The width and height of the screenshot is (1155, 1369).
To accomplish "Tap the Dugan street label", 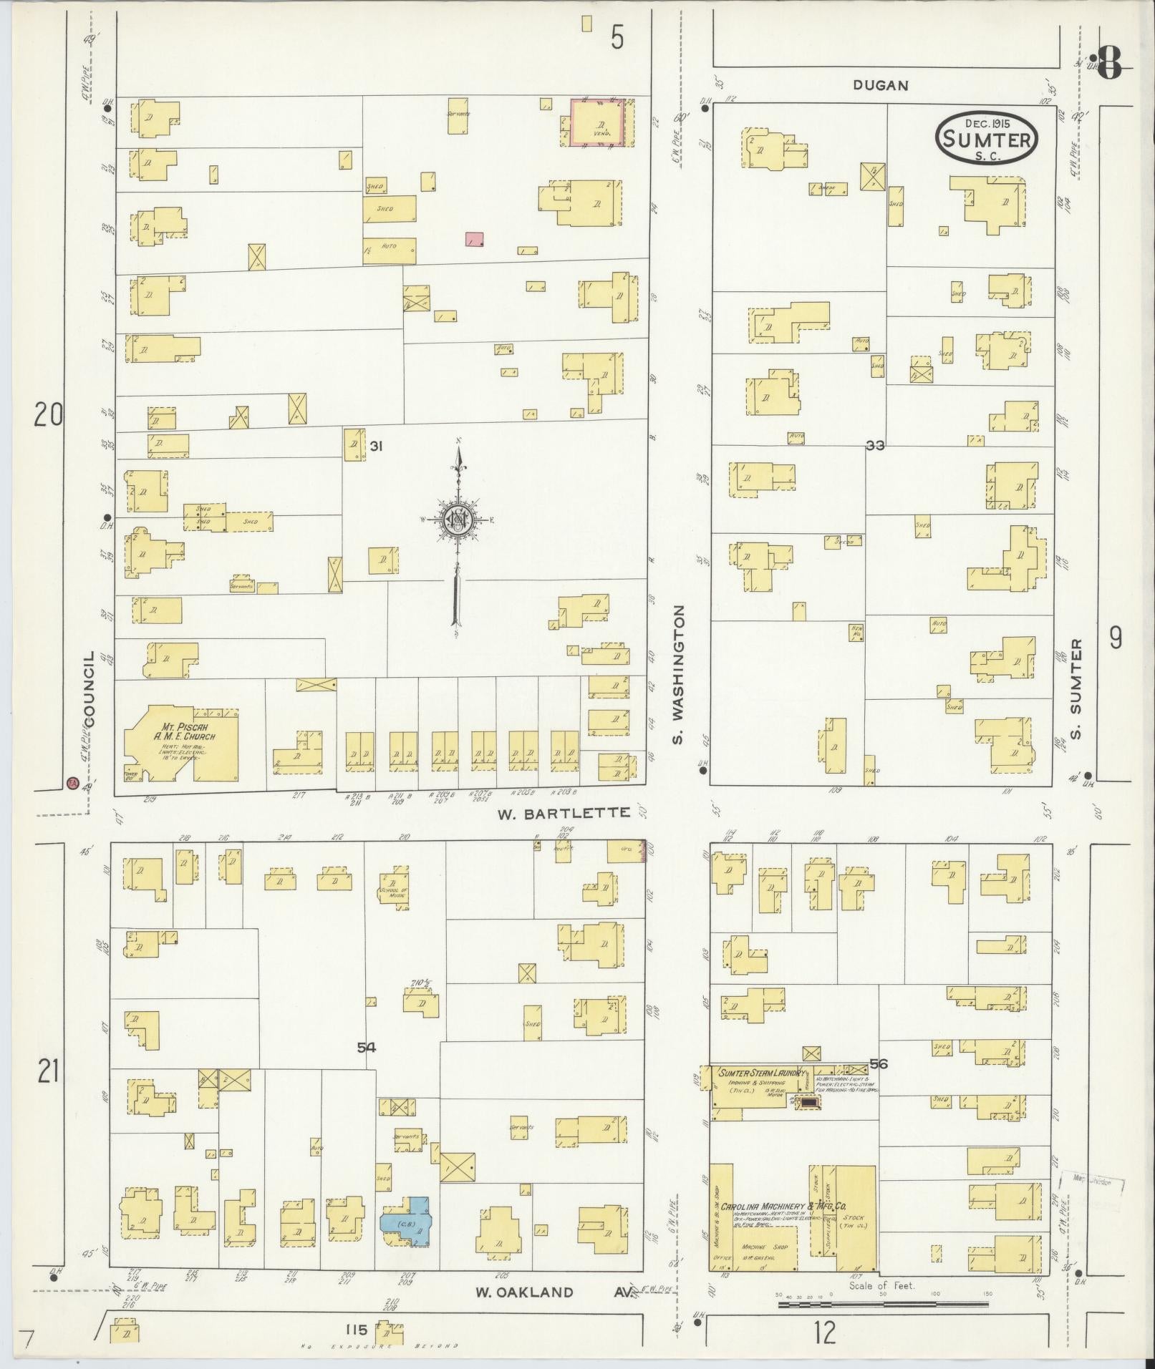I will pyautogui.click(x=880, y=85).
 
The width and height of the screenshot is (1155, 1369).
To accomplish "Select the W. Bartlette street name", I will pyautogui.click(x=564, y=812).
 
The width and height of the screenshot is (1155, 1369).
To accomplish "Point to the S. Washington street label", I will pyautogui.click(x=680, y=675).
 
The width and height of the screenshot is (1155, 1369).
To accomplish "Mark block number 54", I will pyautogui.click(x=367, y=1047).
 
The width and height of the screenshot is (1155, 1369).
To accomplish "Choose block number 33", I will pyautogui.click(x=874, y=445).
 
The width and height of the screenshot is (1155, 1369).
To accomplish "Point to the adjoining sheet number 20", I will pyautogui.click(x=49, y=415).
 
